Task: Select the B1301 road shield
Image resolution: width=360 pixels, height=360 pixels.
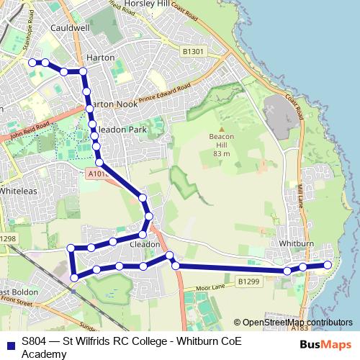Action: (193, 52)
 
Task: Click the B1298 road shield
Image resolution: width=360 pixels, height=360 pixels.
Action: (6, 238)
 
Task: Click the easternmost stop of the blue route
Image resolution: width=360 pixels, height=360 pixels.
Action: (328, 265)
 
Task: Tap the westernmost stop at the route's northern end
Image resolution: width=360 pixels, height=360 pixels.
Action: (32, 63)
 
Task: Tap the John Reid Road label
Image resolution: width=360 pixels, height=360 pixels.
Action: (29, 130)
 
